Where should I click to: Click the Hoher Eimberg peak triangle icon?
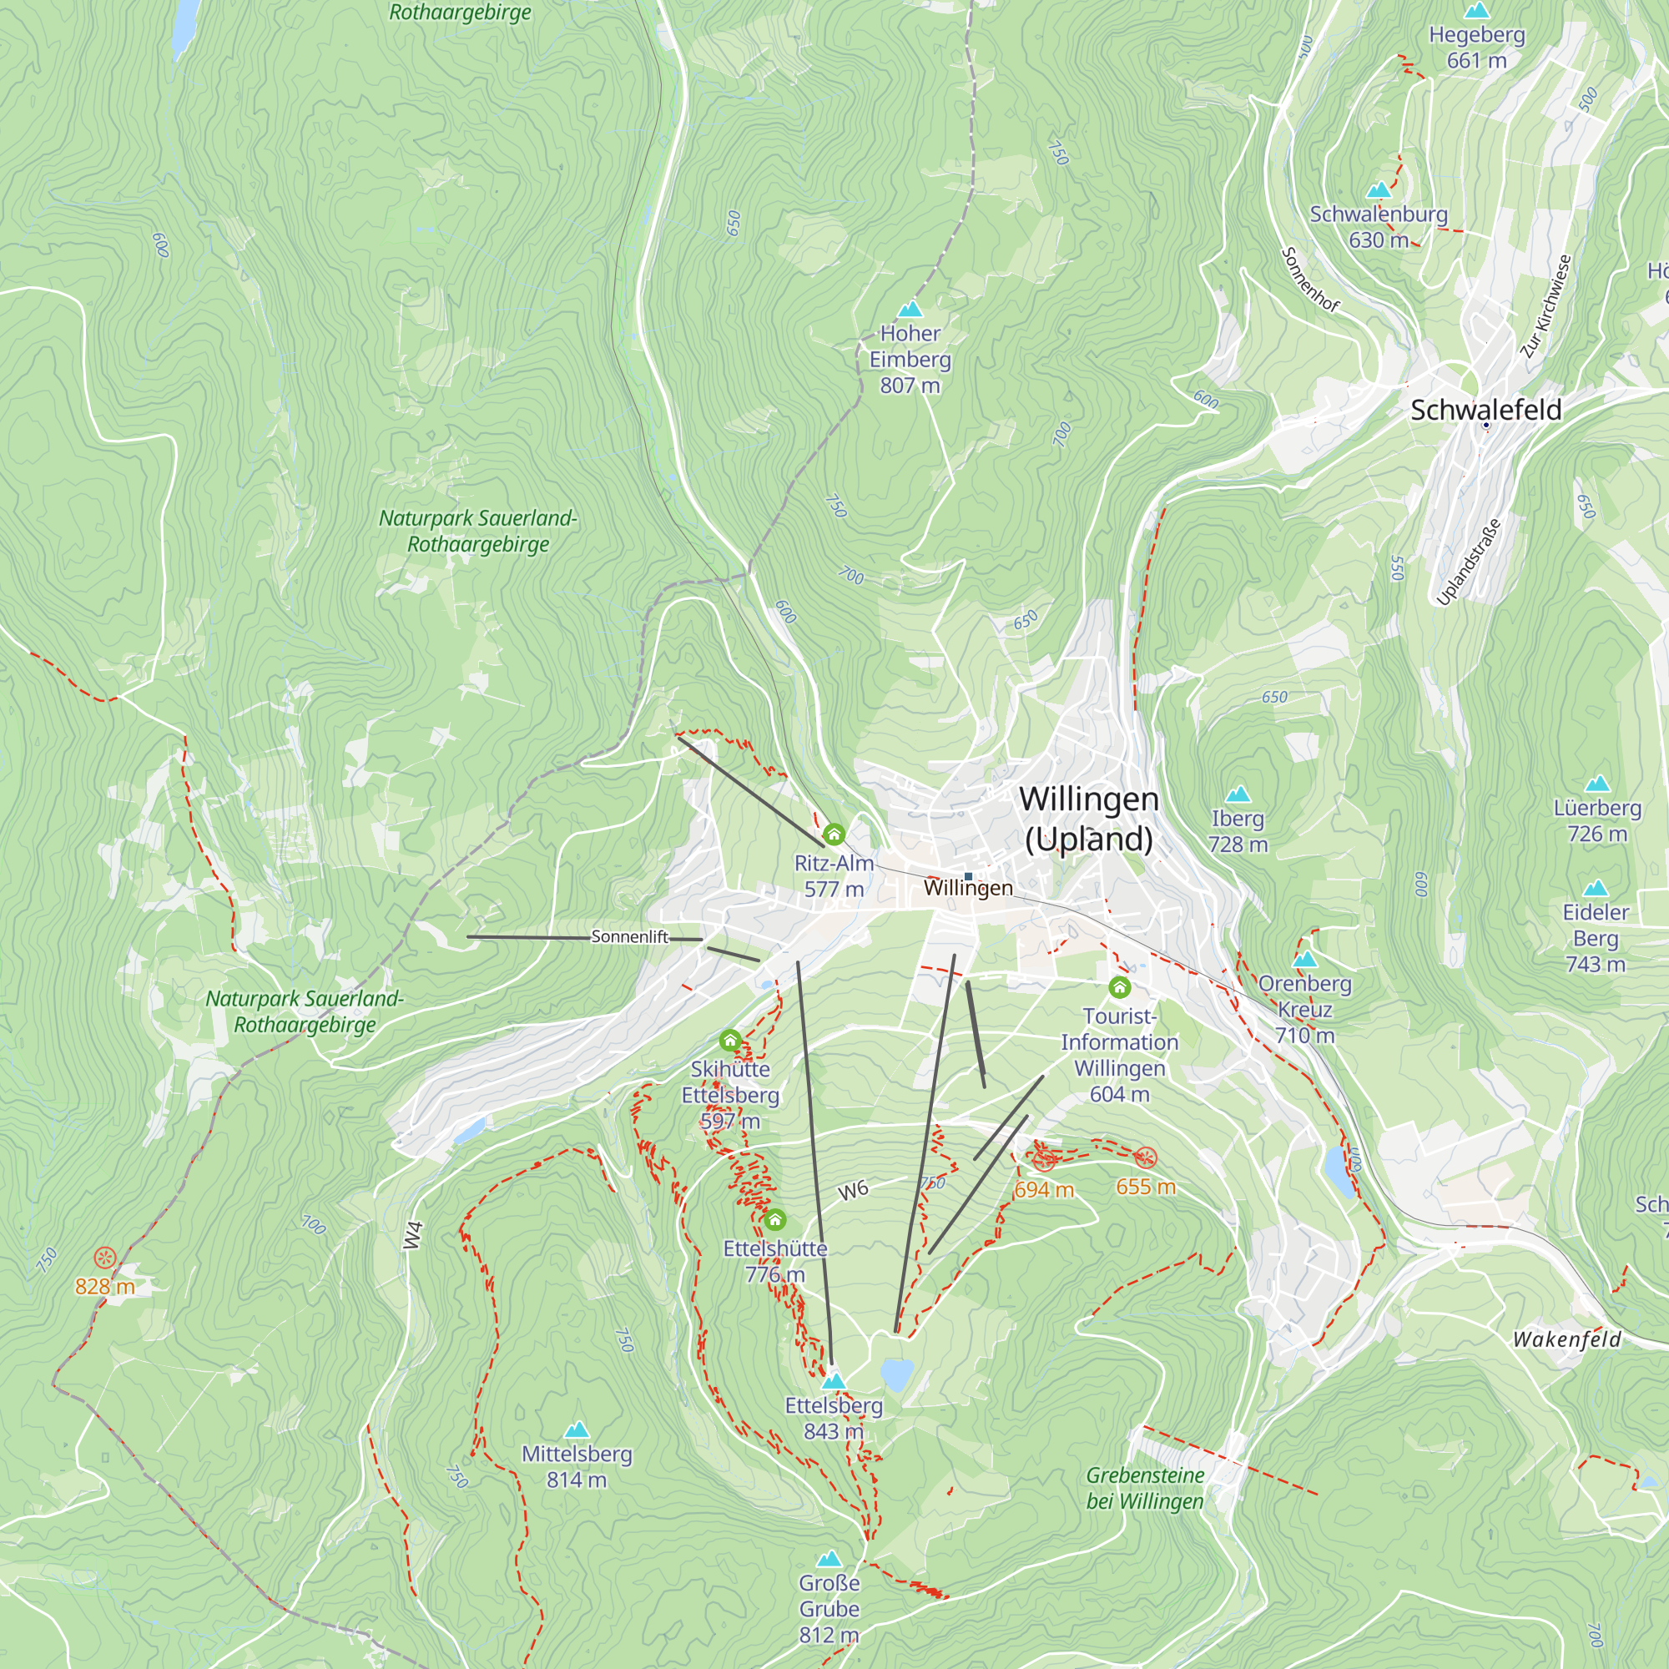[x=910, y=310]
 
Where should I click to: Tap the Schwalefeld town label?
[x=1485, y=410]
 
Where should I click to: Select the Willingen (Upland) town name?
[x=1088, y=818]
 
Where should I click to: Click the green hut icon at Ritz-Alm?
[x=834, y=834]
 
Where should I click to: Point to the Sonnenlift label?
[x=630, y=936]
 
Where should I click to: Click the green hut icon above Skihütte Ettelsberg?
[x=730, y=1040]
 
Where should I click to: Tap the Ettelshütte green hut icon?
[x=775, y=1220]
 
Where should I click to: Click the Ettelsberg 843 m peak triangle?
[x=834, y=1380]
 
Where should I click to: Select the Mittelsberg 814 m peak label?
[x=576, y=1466]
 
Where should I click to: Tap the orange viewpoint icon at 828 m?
[x=104, y=1257]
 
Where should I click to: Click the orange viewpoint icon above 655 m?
[x=1146, y=1157]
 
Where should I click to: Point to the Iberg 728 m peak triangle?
[x=1238, y=794]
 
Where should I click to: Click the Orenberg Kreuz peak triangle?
[x=1304, y=959]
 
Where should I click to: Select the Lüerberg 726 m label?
[x=1596, y=819]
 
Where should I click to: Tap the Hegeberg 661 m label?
[x=1476, y=48]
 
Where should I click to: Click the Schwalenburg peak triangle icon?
[x=1379, y=190]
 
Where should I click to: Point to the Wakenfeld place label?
[x=1566, y=1340]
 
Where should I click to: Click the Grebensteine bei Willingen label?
[x=1145, y=1488]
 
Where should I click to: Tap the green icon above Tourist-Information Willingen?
[x=1120, y=986]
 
